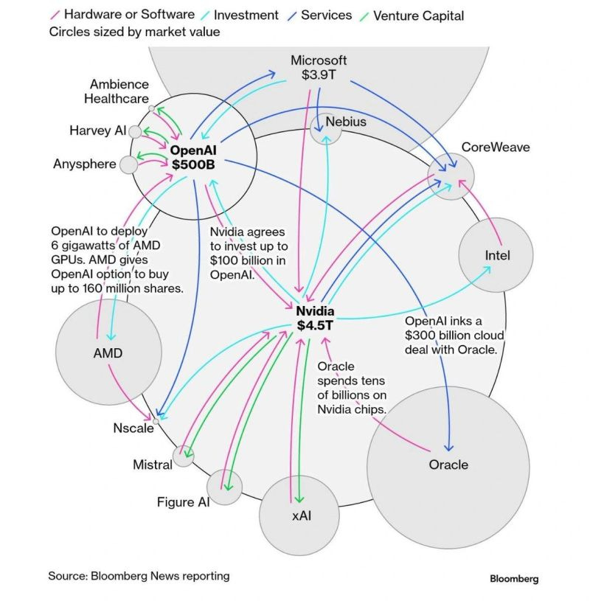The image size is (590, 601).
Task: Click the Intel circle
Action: [x=496, y=255]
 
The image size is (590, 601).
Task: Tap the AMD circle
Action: [x=108, y=352]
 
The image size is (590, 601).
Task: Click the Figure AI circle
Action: [x=224, y=487]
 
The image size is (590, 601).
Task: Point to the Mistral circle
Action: [x=182, y=456]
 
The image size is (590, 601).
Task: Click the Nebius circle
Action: [x=326, y=127]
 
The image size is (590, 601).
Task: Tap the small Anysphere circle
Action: [x=129, y=164]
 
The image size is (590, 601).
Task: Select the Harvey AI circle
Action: [x=135, y=132]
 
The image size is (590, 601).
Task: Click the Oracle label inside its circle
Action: [x=448, y=465]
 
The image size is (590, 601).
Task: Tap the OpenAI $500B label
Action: [x=193, y=156]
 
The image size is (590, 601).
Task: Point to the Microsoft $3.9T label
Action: [x=319, y=68]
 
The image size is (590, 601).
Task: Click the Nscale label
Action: [x=133, y=428]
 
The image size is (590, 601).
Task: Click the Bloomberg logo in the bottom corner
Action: [x=514, y=578]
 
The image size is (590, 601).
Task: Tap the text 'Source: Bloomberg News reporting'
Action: [x=139, y=576]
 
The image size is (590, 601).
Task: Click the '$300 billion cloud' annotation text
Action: [x=451, y=336]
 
